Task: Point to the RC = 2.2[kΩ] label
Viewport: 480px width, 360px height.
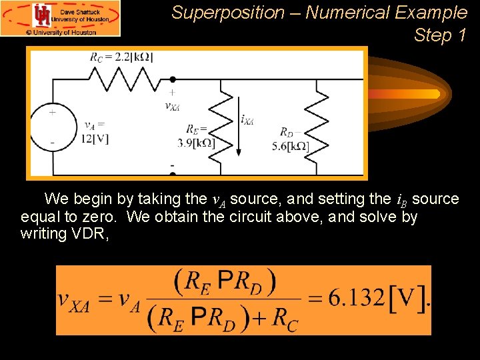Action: point(121,57)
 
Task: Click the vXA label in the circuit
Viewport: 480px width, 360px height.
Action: point(172,105)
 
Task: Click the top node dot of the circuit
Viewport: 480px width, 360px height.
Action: point(173,79)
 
